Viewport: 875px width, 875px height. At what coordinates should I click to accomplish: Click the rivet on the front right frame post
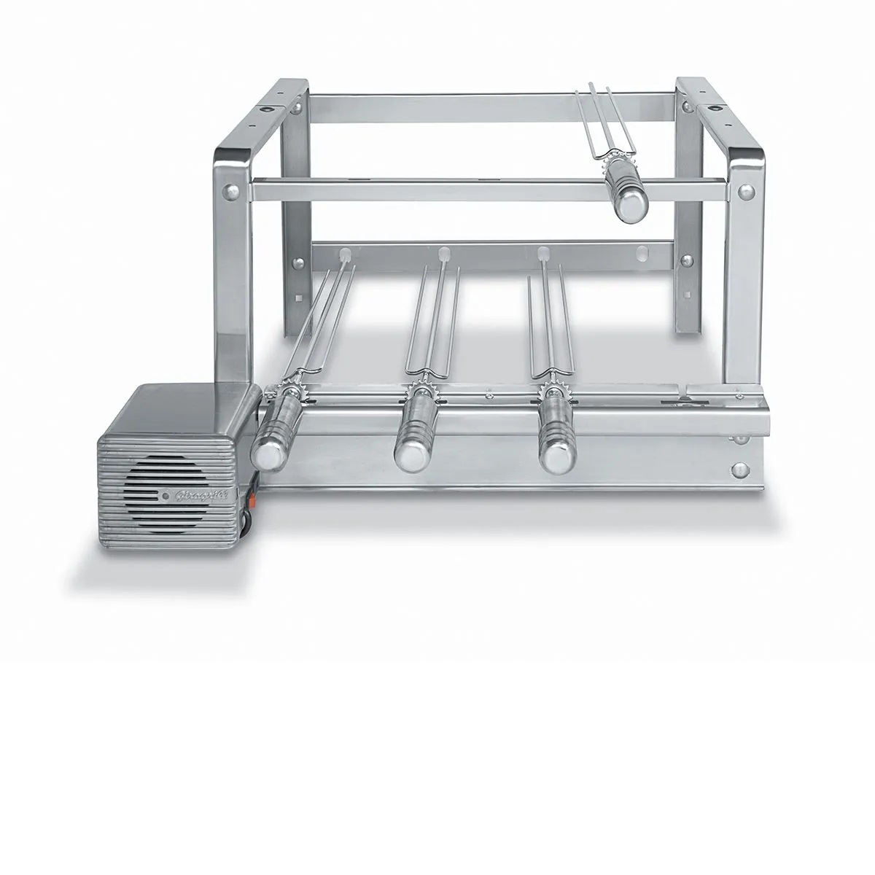coord(745,191)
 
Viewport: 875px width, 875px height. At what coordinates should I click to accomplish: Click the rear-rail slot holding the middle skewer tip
coord(443,254)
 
